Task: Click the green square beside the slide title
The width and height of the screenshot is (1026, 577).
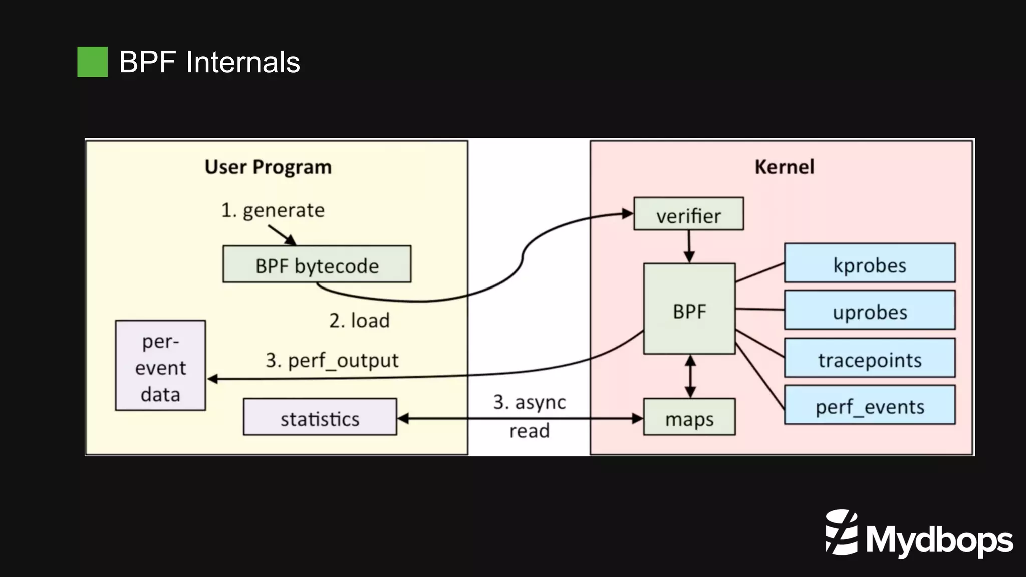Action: point(92,62)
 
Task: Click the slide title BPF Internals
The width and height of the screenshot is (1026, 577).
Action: point(209,62)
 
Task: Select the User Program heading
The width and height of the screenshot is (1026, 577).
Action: point(268,167)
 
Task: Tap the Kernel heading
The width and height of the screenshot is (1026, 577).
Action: point(784,167)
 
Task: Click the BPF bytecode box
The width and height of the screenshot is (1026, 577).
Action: point(317,264)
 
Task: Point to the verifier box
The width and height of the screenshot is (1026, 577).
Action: point(688,214)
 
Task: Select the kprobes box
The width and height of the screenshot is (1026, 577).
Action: point(869,263)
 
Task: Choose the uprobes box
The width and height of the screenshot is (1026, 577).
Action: point(869,311)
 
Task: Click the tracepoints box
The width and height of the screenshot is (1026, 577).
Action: point(869,358)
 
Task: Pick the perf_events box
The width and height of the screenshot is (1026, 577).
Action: point(869,405)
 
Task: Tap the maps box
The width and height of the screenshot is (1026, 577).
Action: point(689,417)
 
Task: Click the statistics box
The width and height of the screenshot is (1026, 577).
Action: point(320,417)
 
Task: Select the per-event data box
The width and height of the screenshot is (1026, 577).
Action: point(160,366)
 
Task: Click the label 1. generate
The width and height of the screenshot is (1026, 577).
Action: point(273,210)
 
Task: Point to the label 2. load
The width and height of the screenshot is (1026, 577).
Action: point(359,321)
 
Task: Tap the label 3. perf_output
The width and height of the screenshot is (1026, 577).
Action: point(332,360)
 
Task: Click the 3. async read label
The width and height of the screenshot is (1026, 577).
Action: point(529,416)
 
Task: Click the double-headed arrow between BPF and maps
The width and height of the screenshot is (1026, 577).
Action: point(690,376)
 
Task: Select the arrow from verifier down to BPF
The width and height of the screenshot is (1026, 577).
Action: point(689,246)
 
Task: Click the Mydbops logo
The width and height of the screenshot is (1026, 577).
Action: point(919,534)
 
